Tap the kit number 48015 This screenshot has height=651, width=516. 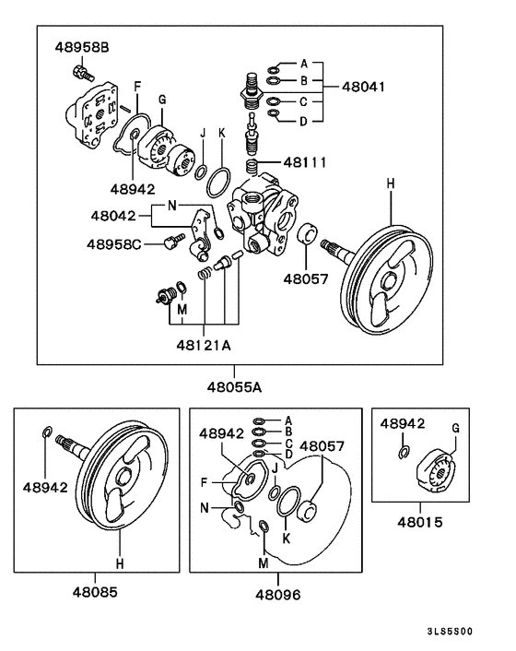click(x=419, y=521)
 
